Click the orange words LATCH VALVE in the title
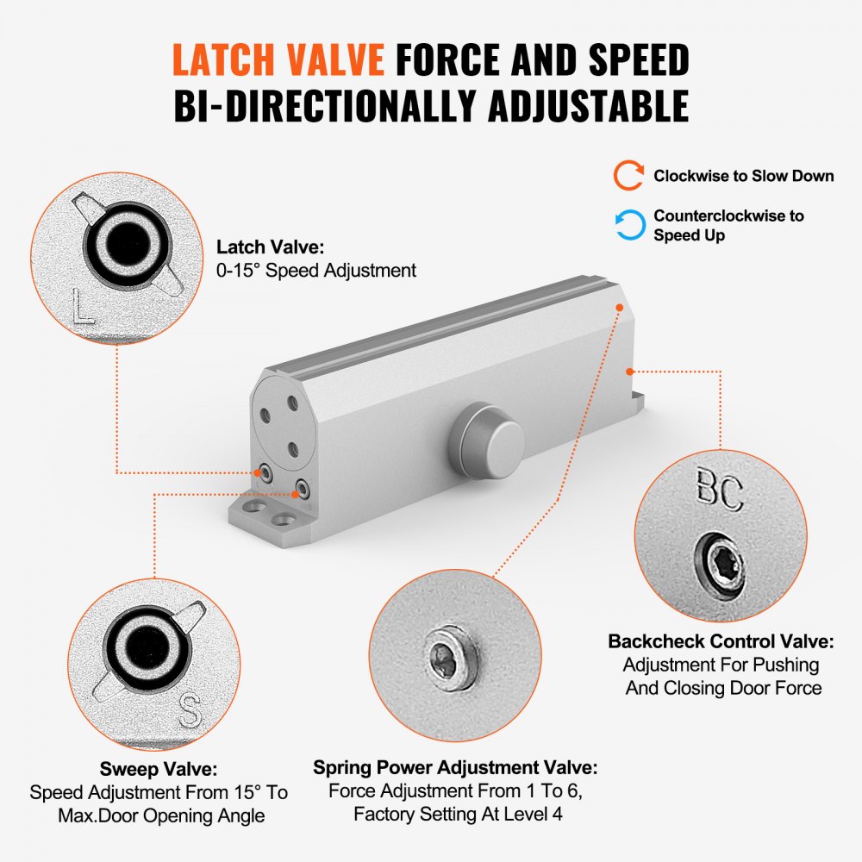click(278, 59)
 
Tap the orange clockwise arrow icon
click(628, 176)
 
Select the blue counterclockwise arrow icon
click(628, 225)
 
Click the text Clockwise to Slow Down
click(743, 176)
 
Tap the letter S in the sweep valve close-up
click(190, 711)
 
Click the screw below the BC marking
click(721, 565)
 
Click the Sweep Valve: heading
click(159, 769)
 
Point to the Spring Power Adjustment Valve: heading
click(454, 767)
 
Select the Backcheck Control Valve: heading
click(721, 641)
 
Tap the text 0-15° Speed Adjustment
click(315, 271)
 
